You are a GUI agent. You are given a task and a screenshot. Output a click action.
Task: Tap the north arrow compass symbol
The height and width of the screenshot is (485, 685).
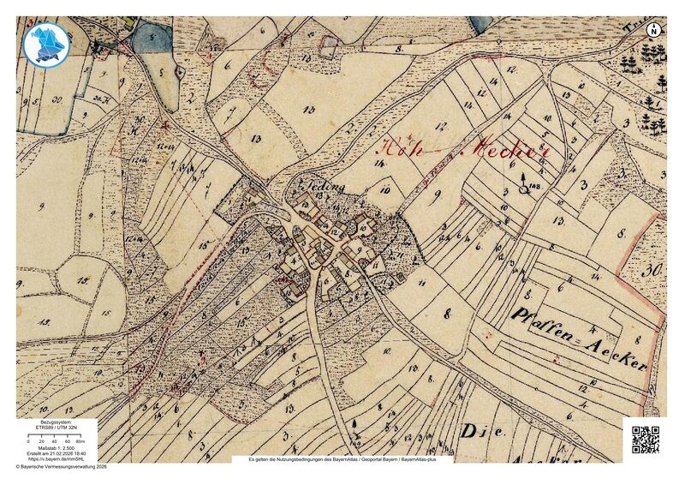click(x=654, y=31)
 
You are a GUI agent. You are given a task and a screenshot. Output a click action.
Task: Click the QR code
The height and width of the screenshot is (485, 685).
click(x=646, y=439)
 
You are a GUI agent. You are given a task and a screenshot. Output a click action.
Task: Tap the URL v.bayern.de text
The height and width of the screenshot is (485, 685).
click(x=56, y=459)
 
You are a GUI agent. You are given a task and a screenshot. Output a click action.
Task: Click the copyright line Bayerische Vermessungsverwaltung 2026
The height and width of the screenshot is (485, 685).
click(x=62, y=467)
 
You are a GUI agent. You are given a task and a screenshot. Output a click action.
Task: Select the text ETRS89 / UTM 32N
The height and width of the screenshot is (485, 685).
click(x=56, y=426)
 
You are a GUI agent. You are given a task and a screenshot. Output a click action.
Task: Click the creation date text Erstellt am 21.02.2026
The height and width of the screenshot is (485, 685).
click(x=56, y=454)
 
